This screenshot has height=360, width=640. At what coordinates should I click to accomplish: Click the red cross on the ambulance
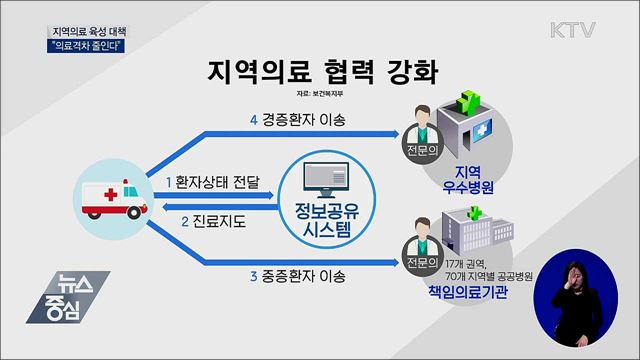point(101,188)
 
